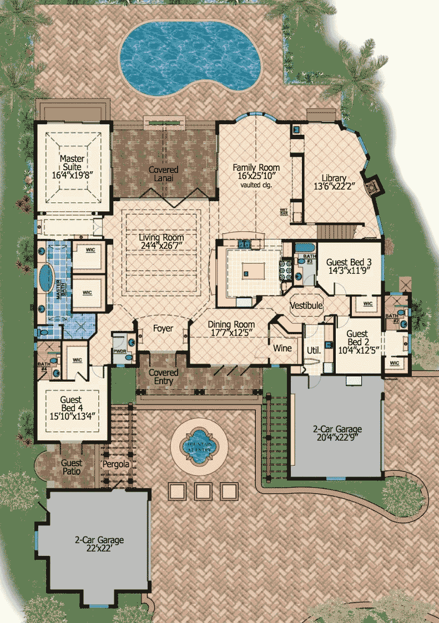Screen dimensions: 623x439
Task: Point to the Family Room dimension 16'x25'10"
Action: (255, 176)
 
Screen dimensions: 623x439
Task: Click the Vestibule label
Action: (306, 305)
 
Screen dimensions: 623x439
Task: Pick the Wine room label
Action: (282, 349)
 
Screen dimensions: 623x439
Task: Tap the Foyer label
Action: (163, 329)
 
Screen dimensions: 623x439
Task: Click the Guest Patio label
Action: (72, 467)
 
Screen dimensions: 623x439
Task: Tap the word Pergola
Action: (115, 463)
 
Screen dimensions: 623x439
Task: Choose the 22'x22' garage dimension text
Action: (100, 549)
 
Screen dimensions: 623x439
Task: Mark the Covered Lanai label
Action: (163, 174)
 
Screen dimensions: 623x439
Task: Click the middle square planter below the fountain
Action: (203, 490)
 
